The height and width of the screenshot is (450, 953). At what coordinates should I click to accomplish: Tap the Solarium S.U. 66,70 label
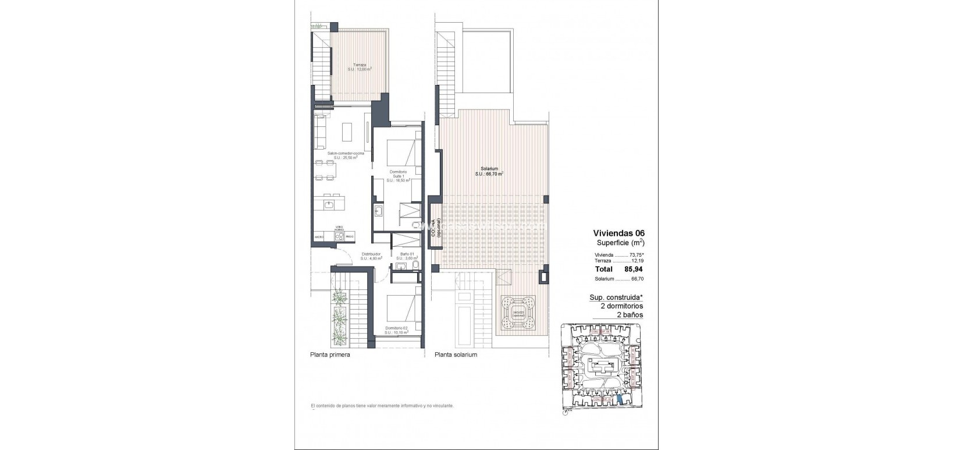tap(489, 171)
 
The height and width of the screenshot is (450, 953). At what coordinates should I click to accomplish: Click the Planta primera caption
tap(330, 355)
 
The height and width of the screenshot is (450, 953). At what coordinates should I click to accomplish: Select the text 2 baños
tap(630, 314)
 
